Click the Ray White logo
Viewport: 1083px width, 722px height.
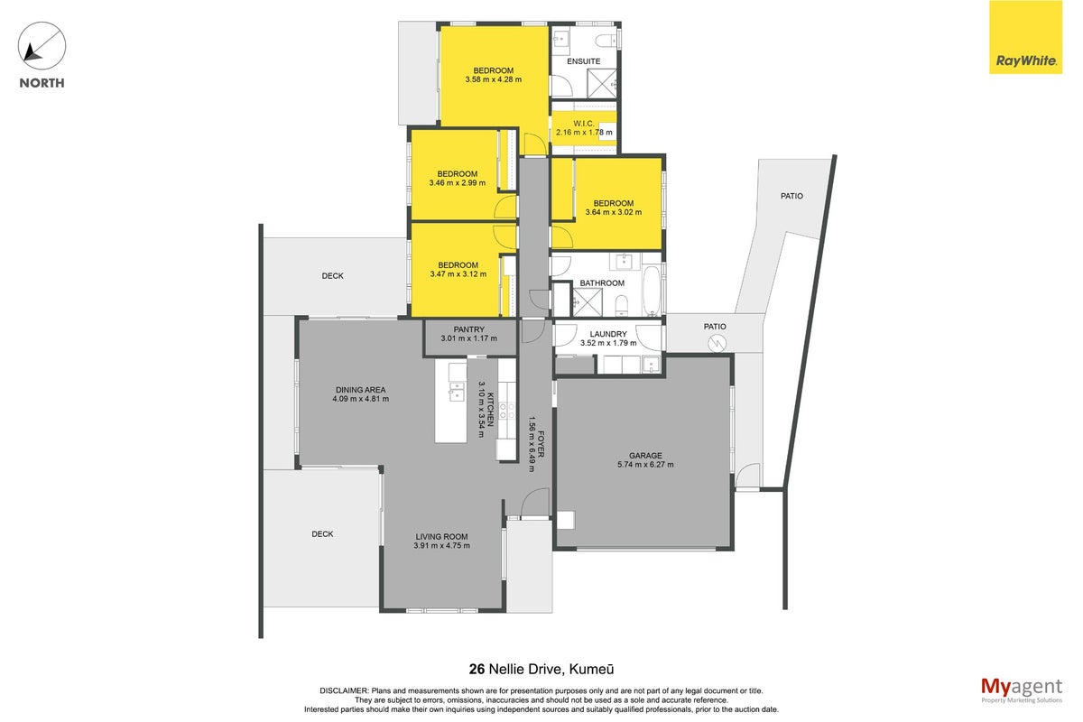(x=1025, y=37)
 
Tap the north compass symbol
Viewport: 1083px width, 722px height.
(x=42, y=46)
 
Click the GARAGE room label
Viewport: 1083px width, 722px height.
(x=645, y=456)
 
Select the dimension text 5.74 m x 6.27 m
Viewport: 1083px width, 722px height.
(x=645, y=465)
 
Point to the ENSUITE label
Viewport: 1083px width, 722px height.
(x=584, y=61)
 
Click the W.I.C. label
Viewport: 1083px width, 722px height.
(x=584, y=124)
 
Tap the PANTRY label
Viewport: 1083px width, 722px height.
(x=469, y=329)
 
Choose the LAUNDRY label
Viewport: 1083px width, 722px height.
(x=608, y=334)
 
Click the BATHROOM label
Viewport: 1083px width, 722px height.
(x=602, y=282)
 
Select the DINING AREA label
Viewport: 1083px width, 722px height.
(x=361, y=390)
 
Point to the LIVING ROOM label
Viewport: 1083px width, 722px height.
(x=441, y=537)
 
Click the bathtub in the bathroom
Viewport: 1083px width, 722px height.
(x=652, y=292)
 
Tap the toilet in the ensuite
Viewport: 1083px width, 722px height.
(x=606, y=41)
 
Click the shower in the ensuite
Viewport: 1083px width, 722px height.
(x=602, y=84)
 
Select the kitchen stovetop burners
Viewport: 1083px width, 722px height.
(x=507, y=411)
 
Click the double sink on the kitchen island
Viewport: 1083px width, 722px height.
(x=457, y=392)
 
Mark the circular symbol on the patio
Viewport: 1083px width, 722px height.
(x=716, y=344)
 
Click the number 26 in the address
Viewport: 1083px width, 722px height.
(x=477, y=670)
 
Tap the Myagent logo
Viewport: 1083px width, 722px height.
(x=1022, y=690)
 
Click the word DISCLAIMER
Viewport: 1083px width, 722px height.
(x=344, y=691)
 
